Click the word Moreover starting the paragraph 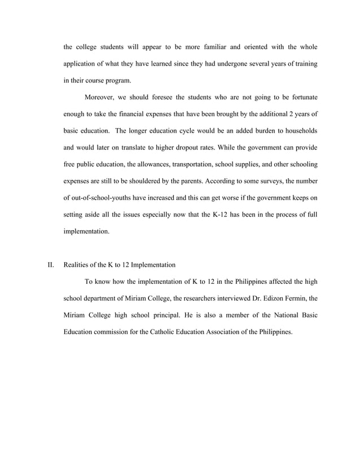(x=100, y=98)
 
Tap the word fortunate (x=298, y=98)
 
